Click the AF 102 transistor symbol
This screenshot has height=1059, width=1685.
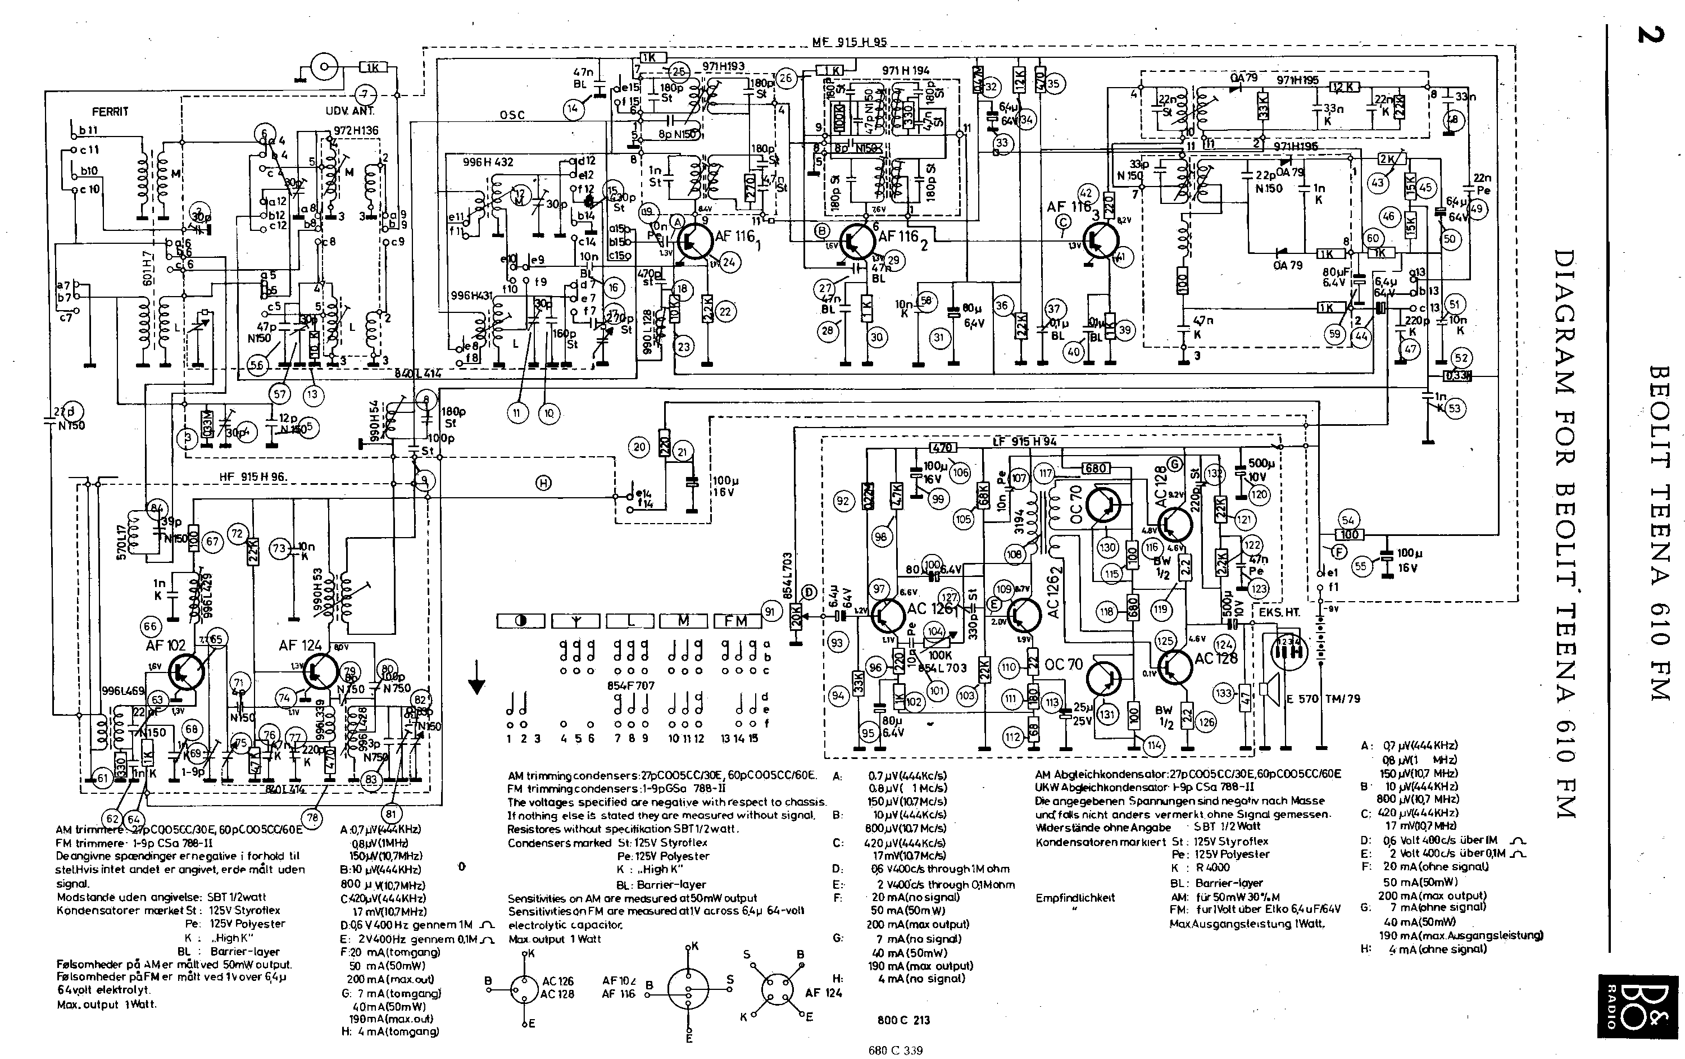[x=185, y=671]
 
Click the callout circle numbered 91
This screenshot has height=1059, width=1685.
[x=770, y=612]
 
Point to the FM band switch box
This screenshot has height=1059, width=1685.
[x=736, y=620]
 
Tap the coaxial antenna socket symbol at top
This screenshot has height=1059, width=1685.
[x=324, y=67]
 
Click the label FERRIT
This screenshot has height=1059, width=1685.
[x=110, y=111]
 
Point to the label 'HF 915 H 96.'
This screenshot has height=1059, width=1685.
[x=253, y=477]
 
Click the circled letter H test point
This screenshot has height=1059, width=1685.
[x=544, y=482]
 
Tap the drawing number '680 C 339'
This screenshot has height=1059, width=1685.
[x=895, y=1050]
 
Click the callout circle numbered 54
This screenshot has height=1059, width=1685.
[x=1348, y=519]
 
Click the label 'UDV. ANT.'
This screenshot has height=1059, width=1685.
[x=350, y=111]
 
